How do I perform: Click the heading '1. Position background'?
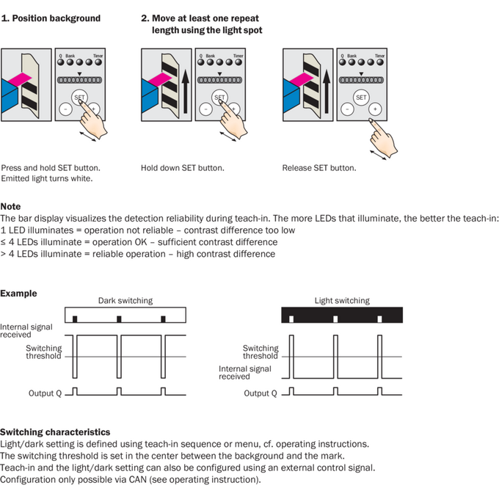[x=51, y=18]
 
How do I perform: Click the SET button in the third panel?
[x=361, y=98]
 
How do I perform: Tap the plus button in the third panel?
[x=375, y=109]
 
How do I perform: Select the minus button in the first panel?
[x=65, y=109]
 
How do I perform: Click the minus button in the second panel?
[x=205, y=109]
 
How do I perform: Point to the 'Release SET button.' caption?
[x=319, y=168]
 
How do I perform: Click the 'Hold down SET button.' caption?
[x=183, y=168]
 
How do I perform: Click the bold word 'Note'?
[x=10, y=206]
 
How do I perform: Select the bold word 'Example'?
[x=18, y=294]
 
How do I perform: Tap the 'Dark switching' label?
[x=125, y=301]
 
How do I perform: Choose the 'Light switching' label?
[x=342, y=301]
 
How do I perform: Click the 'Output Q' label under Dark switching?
[x=45, y=393]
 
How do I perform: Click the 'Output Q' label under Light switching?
[x=261, y=393]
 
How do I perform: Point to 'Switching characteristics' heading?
[x=55, y=432]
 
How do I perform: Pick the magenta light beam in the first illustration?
[x=20, y=79]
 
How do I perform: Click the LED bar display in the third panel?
[x=361, y=80]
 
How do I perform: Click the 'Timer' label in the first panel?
[x=98, y=56]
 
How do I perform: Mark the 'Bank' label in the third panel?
[x=352, y=56]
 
